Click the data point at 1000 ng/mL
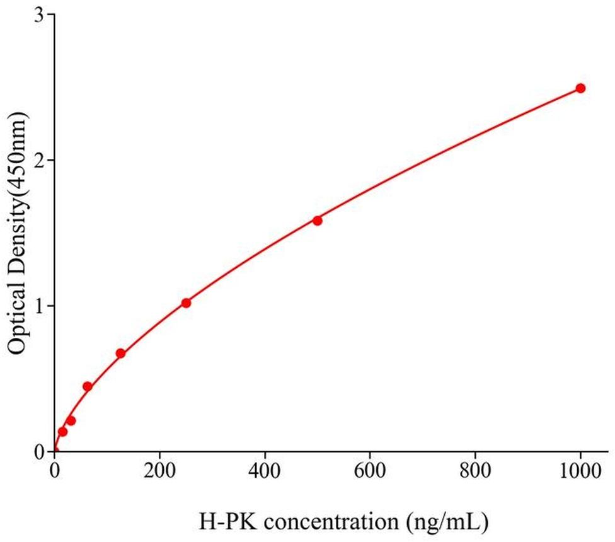click(580, 88)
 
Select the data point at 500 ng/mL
click(318, 221)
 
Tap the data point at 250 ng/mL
click(186, 303)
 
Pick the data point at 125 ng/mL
click(120, 354)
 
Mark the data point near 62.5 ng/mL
click(88, 386)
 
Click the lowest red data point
click(62, 432)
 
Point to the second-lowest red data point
click(71, 420)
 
